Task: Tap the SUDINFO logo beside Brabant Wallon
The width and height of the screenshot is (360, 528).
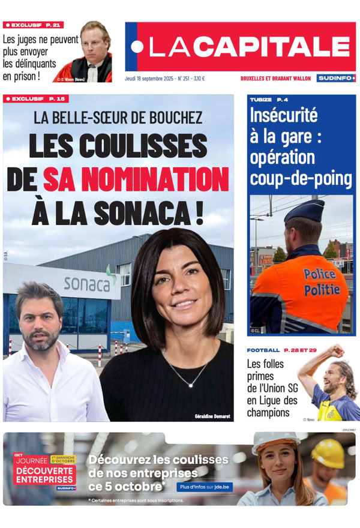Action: (336, 78)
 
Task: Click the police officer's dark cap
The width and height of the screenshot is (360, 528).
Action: (305, 211)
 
